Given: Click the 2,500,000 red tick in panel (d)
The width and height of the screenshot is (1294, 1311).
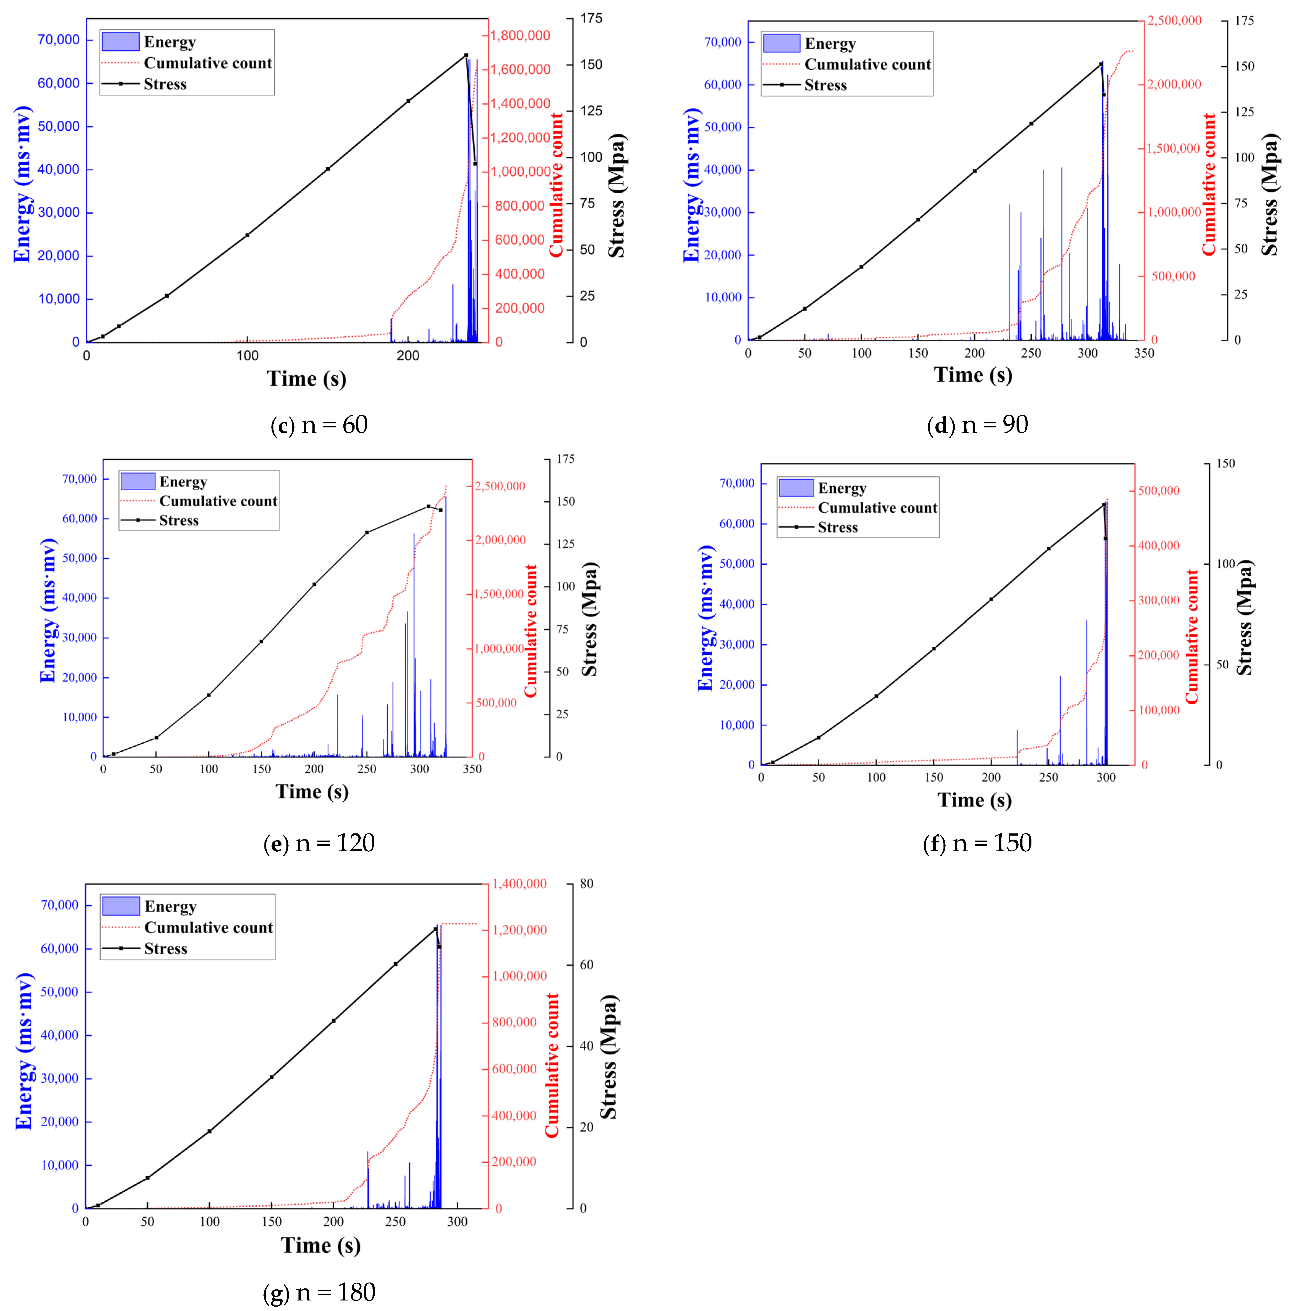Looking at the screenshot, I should [x=1174, y=20].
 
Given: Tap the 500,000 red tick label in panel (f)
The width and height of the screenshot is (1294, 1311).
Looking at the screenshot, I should [x=1158, y=491].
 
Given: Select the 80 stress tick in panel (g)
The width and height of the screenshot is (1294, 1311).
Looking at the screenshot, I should [x=586, y=884].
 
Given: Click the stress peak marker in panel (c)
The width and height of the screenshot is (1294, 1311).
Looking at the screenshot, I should [x=466, y=55].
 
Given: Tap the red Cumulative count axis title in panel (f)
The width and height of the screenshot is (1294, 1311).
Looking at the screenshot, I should [x=1192, y=636].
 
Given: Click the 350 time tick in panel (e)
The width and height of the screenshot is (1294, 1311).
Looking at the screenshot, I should [x=472, y=769].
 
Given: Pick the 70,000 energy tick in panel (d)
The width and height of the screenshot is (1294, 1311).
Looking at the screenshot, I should [x=723, y=42].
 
